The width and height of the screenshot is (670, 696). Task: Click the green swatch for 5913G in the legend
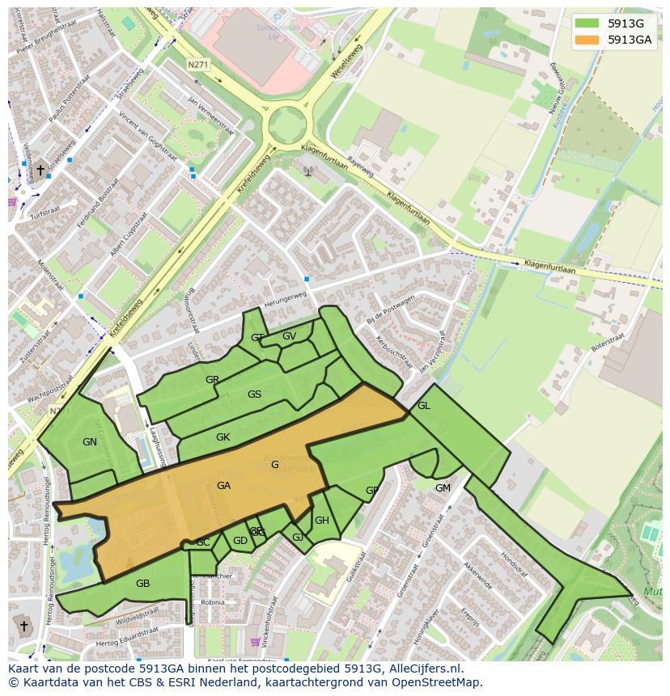[x=588, y=23]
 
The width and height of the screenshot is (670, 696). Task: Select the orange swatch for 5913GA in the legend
[x=588, y=40]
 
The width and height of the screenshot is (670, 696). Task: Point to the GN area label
[x=90, y=442]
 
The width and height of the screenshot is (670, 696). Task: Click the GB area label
[x=142, y=584]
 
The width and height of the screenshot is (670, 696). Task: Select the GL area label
[x=423, y=406]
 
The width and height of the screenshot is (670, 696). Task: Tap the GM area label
[x=443, y=488]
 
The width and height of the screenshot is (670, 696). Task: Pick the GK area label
[x=223, y=437]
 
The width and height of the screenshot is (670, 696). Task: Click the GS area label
[x=254, y=394]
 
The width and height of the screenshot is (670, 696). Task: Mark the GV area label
[x=289, y=336]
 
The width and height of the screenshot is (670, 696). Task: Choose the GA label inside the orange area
[x=224, y=486]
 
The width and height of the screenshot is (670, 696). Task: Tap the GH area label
[x=321, y=521]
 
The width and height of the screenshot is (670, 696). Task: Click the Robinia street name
[x=213, y=602]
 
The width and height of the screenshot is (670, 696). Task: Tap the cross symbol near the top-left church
[x=40, y=170]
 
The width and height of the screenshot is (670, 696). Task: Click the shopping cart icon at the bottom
[x=257, y=643]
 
